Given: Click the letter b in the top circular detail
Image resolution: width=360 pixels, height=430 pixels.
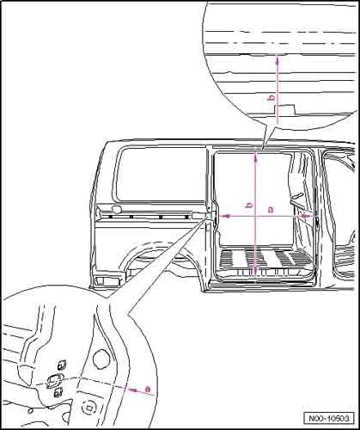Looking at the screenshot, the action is click(x=272, y=98).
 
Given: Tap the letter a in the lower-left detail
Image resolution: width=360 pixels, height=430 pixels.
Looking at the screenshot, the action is click(x=148, y=390).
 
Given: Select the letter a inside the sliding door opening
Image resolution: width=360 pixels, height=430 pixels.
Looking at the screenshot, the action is click(x=271, y=210).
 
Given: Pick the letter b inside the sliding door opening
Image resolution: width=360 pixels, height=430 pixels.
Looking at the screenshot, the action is click(x=250, y=205).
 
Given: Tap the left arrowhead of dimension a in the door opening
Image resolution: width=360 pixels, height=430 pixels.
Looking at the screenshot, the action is click(x=227, y=216).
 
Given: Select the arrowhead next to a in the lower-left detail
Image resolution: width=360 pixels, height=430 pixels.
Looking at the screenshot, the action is click(x=131, y=390).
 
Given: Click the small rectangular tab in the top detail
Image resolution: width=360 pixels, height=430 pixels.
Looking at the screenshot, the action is click(x=284, y=110).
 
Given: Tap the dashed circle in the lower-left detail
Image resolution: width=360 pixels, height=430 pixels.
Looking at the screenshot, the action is click(x=88, y=407).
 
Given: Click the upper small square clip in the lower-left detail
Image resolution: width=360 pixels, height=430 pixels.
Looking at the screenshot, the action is click(x=62, y=365).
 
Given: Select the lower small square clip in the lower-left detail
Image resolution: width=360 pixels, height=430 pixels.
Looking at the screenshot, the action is click(x=58, y=392).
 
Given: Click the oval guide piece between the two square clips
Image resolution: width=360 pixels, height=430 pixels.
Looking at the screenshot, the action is click(x=54, y=380).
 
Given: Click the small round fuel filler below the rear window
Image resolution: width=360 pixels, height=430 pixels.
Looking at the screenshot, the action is click(x=116, y=209).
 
